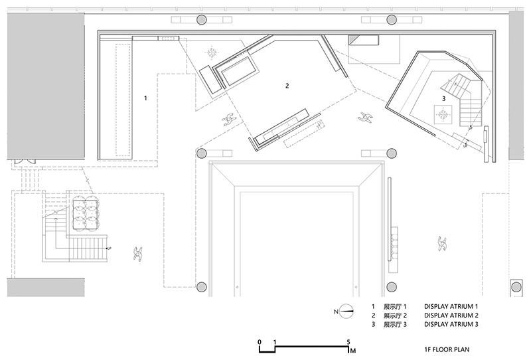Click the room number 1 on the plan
[145, 98]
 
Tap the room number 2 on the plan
[287, 86]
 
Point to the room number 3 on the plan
[443, 99]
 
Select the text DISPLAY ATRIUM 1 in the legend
[451, 307]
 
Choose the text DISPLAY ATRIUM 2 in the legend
[451, 315]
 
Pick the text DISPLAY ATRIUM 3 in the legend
[451, 324]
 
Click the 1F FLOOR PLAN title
[447, 349]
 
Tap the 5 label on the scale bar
[348, 342]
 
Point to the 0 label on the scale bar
[260, 341]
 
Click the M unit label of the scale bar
[353, 351]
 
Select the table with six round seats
[86, 213]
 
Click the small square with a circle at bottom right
[516, 287]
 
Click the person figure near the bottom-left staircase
[138, 254]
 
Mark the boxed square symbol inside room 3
[443, 115]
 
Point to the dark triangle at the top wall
[353, 39]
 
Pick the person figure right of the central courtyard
[441, 243]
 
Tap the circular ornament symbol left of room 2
[212, 52]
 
